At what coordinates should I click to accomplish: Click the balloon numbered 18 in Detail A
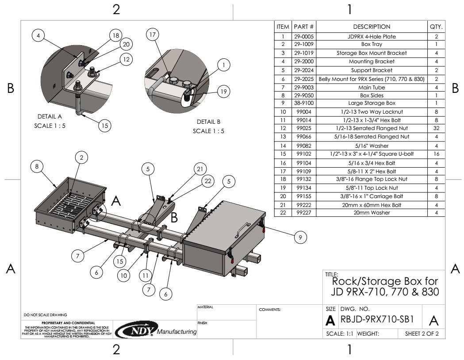coord(115,35)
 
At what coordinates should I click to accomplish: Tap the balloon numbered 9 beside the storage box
coord(300,238)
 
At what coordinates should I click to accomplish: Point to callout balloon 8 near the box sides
coord(37,166)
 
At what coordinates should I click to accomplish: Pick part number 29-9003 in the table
coord(304,86)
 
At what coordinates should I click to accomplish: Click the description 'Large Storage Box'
coord(372,103)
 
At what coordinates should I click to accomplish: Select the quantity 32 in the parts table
coord(436,128)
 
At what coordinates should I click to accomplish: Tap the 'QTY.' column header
coord(436,27)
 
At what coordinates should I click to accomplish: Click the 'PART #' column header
coord(304,27)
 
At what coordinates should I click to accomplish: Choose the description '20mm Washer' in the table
coord(372,212)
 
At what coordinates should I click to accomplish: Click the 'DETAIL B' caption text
coord(208,122)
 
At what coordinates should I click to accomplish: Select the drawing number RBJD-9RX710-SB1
coord(377,319)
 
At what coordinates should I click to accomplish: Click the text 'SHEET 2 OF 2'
coord(422,333)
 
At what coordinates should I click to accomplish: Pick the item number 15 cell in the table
coord(283,153)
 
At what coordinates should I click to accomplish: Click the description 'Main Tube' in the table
coord(372,86)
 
